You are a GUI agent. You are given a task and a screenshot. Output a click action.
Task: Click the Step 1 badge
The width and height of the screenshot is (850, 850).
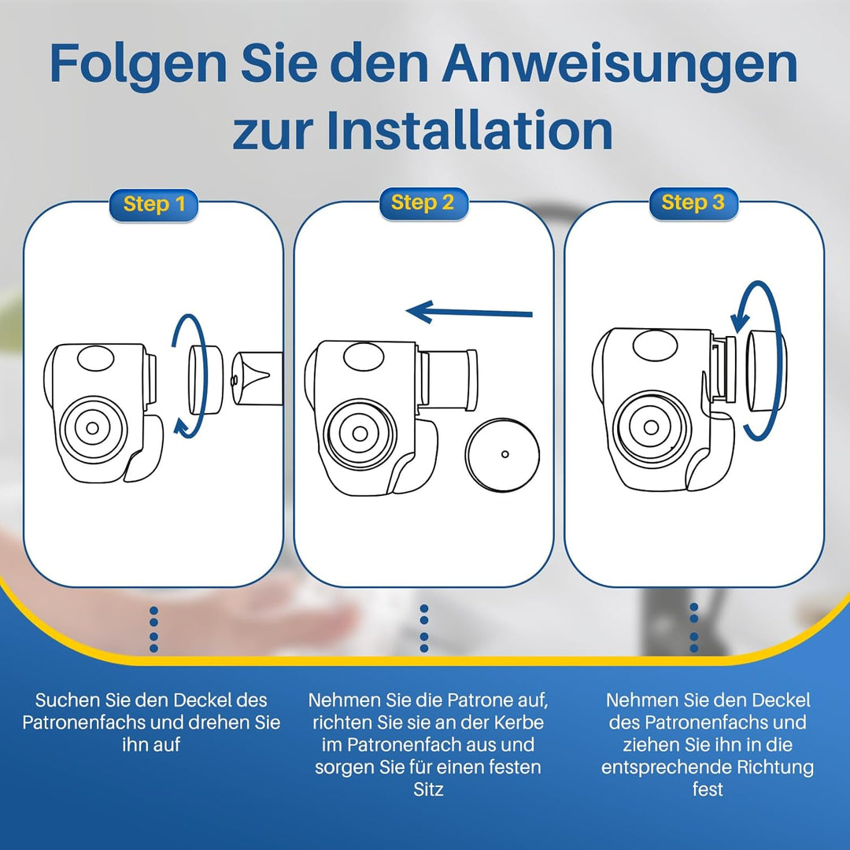point(154,205)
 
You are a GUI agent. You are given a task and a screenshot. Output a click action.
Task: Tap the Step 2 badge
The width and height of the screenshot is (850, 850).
point(423,203)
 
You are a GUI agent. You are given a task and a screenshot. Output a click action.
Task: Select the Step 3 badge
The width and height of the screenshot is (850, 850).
point(693,203)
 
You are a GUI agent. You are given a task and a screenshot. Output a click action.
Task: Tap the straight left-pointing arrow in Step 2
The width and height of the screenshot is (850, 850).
point(469,312)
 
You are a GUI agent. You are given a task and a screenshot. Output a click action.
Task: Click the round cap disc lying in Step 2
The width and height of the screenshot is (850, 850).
point(502,454)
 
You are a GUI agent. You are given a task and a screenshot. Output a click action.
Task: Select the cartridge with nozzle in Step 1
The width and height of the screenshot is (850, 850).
point(257,379)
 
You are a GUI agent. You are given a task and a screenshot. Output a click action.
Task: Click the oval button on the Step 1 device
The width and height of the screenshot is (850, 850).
point(96,358)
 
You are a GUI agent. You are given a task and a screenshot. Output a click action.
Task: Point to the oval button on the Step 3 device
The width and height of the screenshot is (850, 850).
point(656,345)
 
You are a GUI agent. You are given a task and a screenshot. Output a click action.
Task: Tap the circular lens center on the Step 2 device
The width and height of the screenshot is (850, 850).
point(360,433)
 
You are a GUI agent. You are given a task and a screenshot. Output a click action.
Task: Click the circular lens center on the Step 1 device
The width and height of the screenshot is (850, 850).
point(93,428)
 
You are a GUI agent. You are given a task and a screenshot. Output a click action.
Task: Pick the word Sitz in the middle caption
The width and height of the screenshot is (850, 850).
point(428,789)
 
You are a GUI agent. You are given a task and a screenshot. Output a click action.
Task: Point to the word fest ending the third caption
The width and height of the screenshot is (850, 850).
point(708,789)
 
